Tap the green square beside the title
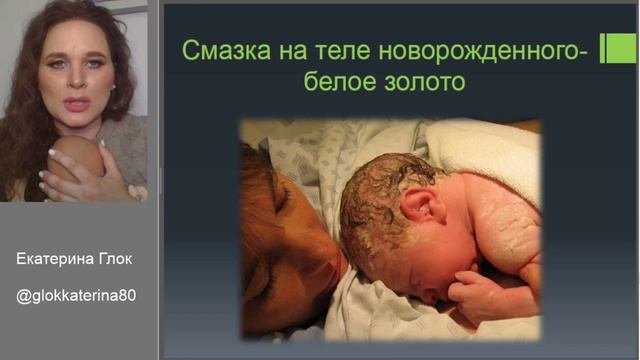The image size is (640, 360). [x=617, y=48]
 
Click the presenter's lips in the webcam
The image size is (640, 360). [x=77, y=103]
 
